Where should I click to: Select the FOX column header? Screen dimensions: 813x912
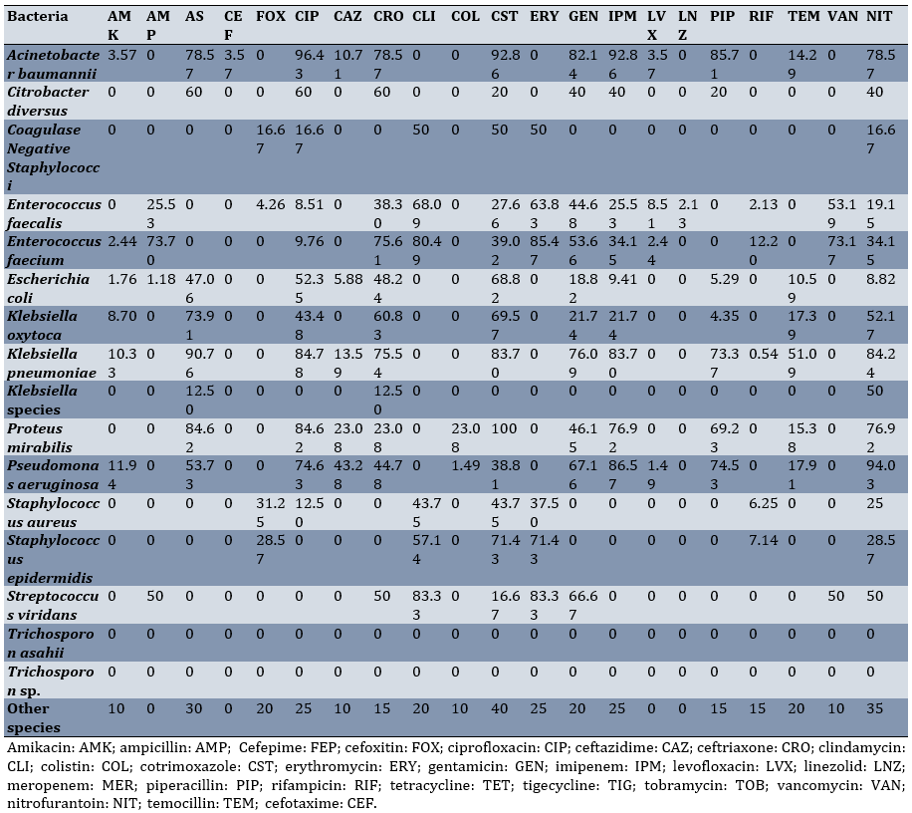click(x=270, y=17)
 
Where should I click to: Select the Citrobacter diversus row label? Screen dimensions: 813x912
click(x=48, y=99)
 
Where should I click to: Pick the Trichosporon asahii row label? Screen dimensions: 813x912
click(x=50, y=641)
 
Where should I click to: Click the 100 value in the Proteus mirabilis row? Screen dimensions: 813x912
click(x=504, y=428)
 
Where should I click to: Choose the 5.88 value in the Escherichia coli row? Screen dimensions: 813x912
click(x=348, y=279)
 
